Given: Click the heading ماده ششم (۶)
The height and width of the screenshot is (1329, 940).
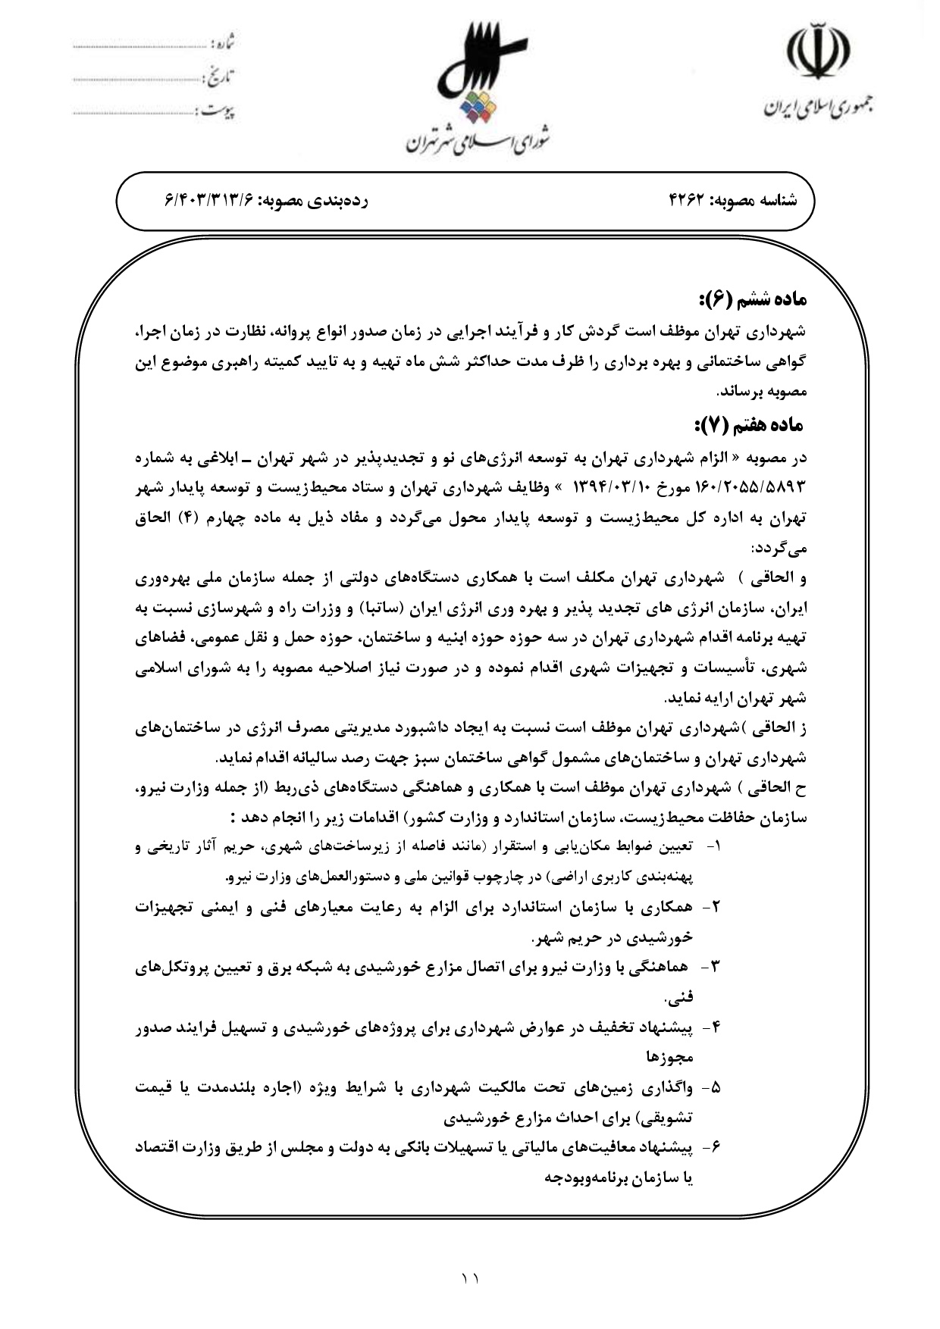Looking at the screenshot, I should (x=751, y=299).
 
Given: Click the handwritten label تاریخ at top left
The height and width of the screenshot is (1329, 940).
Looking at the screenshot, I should (x=220, y=77).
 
